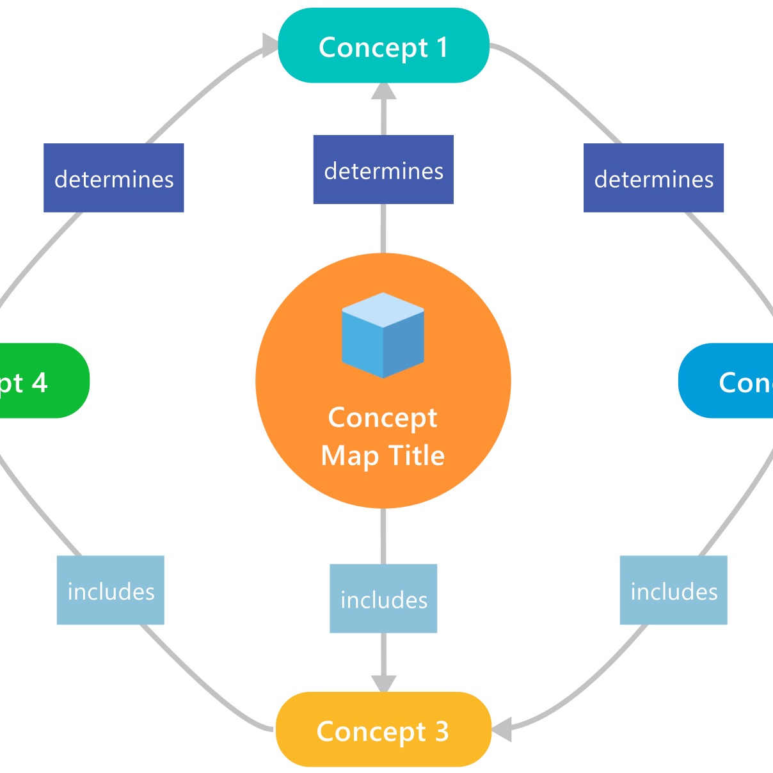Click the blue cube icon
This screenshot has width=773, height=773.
coord(383,335)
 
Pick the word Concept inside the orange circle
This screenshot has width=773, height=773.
coord(383,418)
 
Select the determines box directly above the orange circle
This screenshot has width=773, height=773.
coord(383,170)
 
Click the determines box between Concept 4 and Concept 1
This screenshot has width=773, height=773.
coord(114,178)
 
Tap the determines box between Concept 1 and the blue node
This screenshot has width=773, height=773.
coord(653,178)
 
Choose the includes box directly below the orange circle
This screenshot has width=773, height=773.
coord(383,599)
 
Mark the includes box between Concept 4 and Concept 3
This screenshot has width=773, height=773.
coord(111,590)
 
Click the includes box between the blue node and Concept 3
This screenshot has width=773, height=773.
coord(673,590)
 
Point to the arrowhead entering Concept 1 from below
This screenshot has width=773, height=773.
coord(384,91)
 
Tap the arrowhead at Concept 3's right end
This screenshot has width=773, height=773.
coord(502,729)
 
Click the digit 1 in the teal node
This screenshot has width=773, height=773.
coord(442,48)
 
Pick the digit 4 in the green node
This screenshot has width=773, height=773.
coord(39,383)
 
